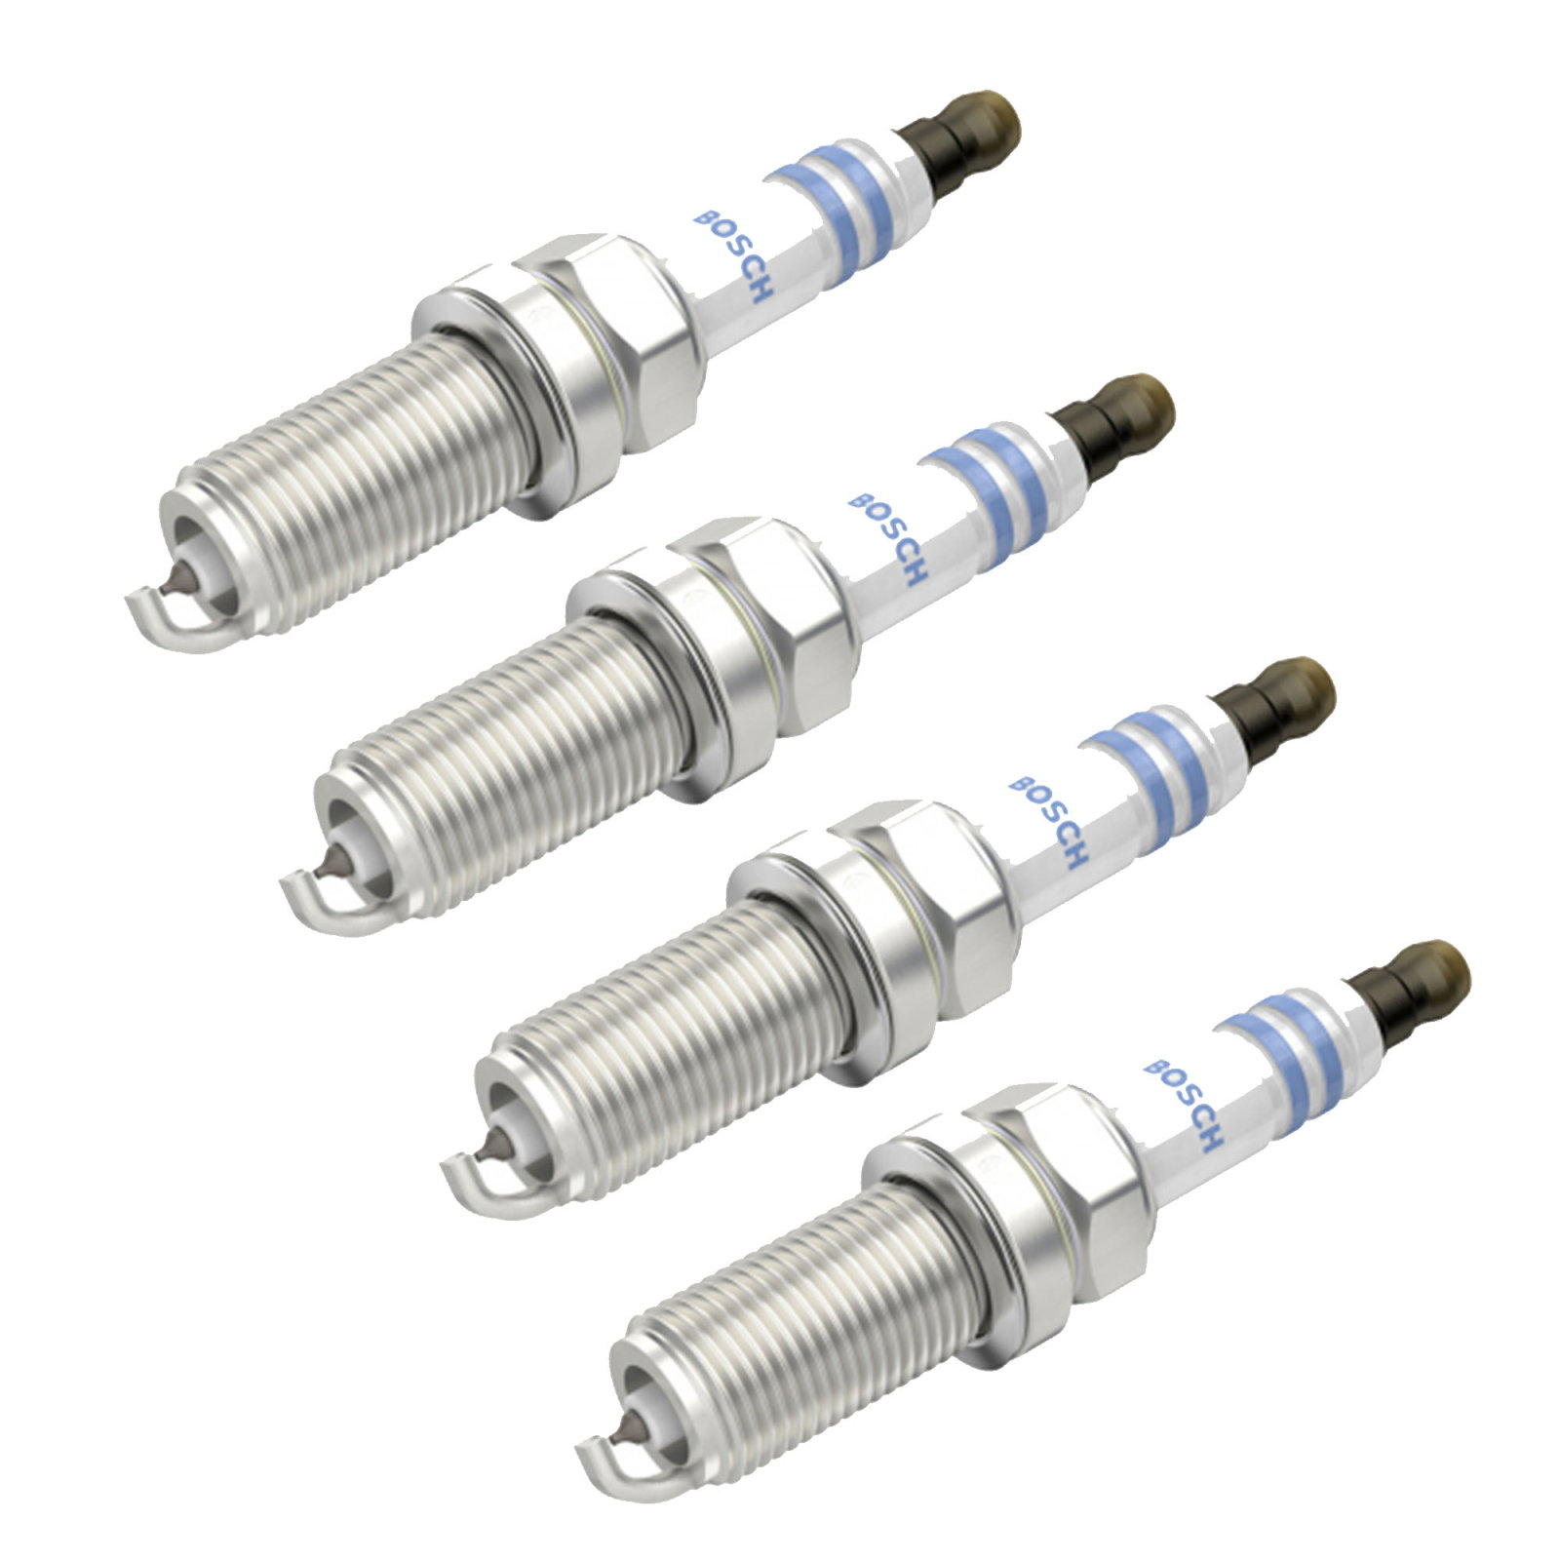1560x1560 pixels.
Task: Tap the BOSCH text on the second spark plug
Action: [887, 539]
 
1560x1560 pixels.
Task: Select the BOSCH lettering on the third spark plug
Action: [1048, 822]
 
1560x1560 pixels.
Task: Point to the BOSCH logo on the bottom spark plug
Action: [1185, 1105]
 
